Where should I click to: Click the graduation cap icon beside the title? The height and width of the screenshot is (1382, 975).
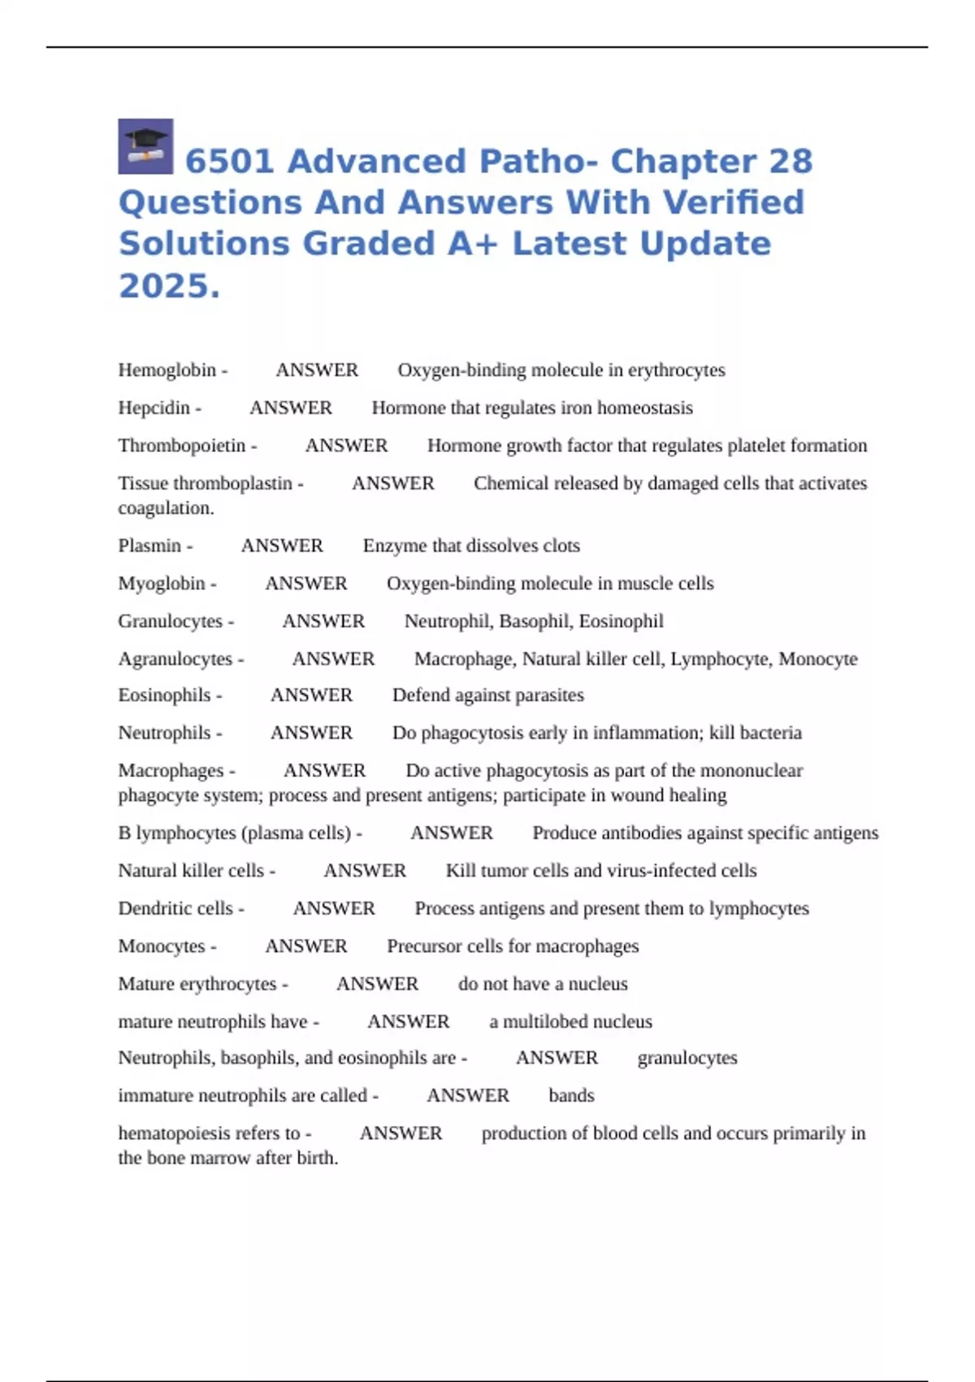point(145,146)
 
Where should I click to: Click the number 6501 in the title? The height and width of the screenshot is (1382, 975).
point(229,162)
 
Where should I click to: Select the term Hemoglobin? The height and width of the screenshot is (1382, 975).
point(167,370)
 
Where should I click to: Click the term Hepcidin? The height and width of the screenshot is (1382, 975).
point(154,408)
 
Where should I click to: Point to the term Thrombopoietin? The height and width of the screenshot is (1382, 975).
point(182,445)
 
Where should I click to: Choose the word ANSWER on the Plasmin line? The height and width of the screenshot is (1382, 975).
point(282,545)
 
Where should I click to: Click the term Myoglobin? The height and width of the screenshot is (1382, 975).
point(162,584)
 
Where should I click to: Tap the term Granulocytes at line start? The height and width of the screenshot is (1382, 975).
point(171,621)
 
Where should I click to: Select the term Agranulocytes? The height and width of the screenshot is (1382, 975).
point(175,658)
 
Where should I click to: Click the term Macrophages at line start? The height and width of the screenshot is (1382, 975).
point(171,770)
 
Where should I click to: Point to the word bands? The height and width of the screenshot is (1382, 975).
point(571,1096)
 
